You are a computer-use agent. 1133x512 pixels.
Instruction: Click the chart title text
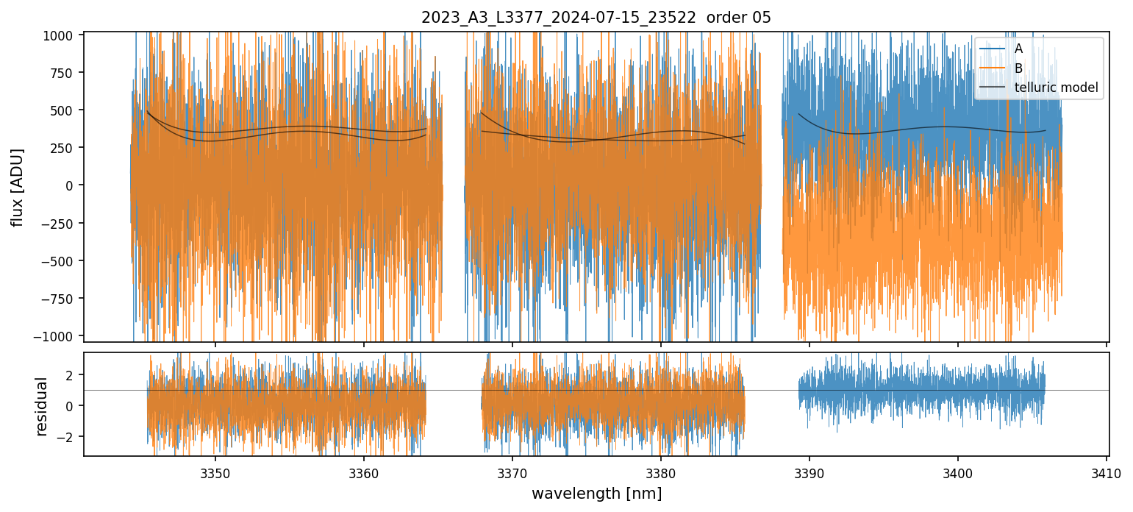pos(596,18)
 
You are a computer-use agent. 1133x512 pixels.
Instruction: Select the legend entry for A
pos(1018,49)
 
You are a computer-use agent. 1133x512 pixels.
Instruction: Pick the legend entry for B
pos(1018,68)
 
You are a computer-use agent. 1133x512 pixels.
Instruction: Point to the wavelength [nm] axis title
pos(596,494)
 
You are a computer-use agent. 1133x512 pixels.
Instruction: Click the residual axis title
pos(42,405)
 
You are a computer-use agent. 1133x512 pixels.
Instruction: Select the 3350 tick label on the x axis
pos(215,472)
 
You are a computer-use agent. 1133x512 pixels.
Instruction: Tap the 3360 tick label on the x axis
pos(364,472)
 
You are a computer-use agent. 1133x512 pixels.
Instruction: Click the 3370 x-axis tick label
pos(512,472)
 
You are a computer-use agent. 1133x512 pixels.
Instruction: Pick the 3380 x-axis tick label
pos(661,472)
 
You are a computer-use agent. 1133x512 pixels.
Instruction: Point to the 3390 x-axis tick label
pos(809,472)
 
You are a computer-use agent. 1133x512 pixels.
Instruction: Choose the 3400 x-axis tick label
pos(958,472)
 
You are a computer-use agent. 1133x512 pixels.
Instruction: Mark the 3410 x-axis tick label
pos(1107,472)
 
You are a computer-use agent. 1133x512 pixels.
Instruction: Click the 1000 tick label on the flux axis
pos(62,35)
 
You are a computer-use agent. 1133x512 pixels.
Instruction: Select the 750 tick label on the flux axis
pos(65,73)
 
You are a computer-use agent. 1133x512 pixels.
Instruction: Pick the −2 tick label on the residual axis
pos(68,437)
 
